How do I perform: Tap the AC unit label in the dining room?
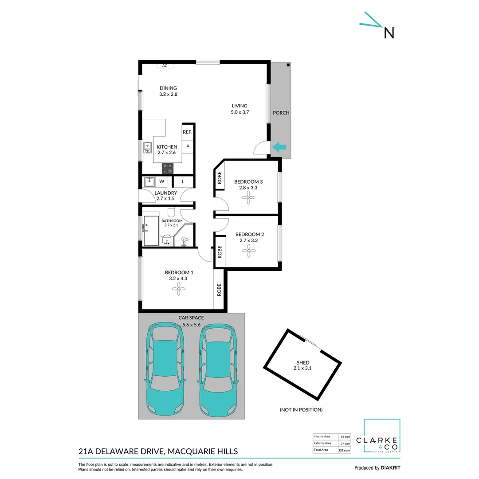click(165, 66)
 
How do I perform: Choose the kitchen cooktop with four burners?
click(168, 168)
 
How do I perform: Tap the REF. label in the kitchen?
click(187, 132)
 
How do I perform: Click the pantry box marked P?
click(188, 146)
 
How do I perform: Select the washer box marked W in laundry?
click(161, 181)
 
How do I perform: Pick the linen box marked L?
click(183, 181)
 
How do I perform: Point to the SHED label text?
click(303, 362)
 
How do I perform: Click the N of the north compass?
click(389, 33)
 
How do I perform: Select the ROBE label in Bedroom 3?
click(219, 178)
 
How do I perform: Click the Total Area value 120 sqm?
click(344, 450)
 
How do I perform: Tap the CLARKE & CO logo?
click(382, 436)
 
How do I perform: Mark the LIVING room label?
click(239, 106)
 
